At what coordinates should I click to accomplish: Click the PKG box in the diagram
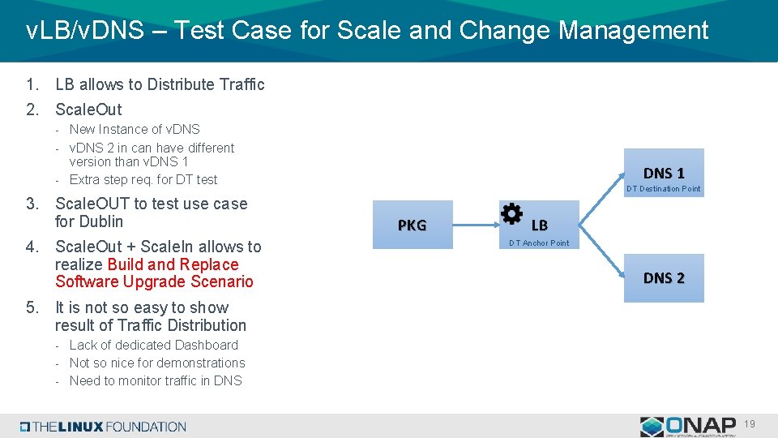pyautogui.click(x=412, y=225)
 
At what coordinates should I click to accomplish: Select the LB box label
pyautogui.click(x=540, y=225)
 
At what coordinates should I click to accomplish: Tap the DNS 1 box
pyautogui.click(x=664, y=172)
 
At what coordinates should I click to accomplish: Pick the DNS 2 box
pyautogui.click(x=664, y=277)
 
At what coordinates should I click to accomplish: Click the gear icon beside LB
pyautogui.click(x=511, y=214)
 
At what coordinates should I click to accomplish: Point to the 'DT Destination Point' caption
pyautogui.click(x=663, y=189)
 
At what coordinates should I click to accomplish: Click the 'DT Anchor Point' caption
pyautogui.click(x=539, y=243)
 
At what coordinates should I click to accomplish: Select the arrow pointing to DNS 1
pyautogui.click(x=601, y=187)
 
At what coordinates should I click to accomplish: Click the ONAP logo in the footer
pyautogui.click(x=689, y=426)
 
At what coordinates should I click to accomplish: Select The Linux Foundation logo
pyautogui.click(x=103, y=427)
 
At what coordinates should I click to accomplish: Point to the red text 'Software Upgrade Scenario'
pyautogui.click(x=154, y=281)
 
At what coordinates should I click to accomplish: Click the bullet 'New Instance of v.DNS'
pyautogui.click(x=135, y=129)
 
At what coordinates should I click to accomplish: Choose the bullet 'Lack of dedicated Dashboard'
pyautogui.click(x=153, y=345)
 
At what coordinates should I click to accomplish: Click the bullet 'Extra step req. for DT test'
pyautogui.click(x=143, y=179)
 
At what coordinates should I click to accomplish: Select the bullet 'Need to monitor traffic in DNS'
pyautogui.click(x=156, y=380)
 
